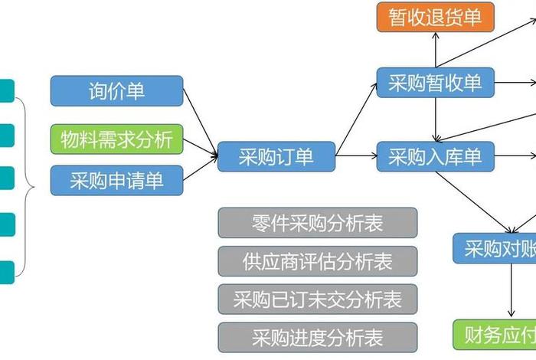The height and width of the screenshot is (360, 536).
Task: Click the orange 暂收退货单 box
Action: pyautogui.click(x=436, y=17)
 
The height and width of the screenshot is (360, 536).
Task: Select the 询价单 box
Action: pyautogui.click(x=117, y=90)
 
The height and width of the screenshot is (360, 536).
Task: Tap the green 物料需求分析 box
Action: pyautogui.click(x=117, y=139)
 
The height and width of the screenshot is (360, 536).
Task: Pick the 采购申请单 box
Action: pyautogui.click(x=117, y=181)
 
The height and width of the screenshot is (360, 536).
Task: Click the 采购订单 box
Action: pyautogui.click(x=276, y=157)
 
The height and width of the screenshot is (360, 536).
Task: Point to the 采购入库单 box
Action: pyautogui.click(x=436, y=157)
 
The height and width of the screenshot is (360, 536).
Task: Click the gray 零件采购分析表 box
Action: pyautogui.click(x=318, y=223)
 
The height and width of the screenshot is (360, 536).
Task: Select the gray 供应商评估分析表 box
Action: pyautogui.click(x=318, y=261)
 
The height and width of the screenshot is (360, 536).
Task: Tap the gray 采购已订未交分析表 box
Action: pyautogui.click(x=318, y=299)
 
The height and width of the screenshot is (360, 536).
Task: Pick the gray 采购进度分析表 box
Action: pyautogui.click(x=318, y=337)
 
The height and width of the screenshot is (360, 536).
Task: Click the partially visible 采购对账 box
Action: pyautogui.click(x=494, y=249)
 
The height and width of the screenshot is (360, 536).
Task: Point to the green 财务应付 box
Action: pyautogui.click(x=494, y=334)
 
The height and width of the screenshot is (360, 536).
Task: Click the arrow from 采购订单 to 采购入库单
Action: pyautogui.click(x=356, y=157)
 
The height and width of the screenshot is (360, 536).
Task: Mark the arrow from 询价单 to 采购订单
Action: pyautogui.click(x=201, y=123)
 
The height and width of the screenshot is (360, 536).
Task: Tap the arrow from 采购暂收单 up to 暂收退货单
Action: pyautogui.click(x=436, y=51)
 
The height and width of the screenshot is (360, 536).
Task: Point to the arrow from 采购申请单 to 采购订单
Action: pyautogui.click(x=201, y=169)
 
